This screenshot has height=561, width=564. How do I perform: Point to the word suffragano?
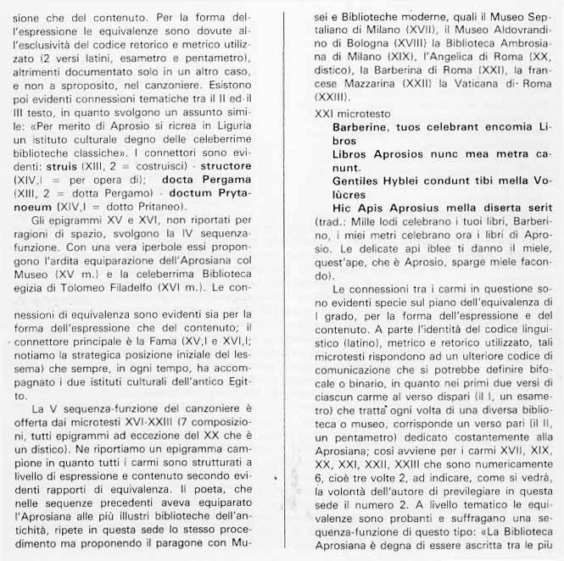[x=502, y=519]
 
